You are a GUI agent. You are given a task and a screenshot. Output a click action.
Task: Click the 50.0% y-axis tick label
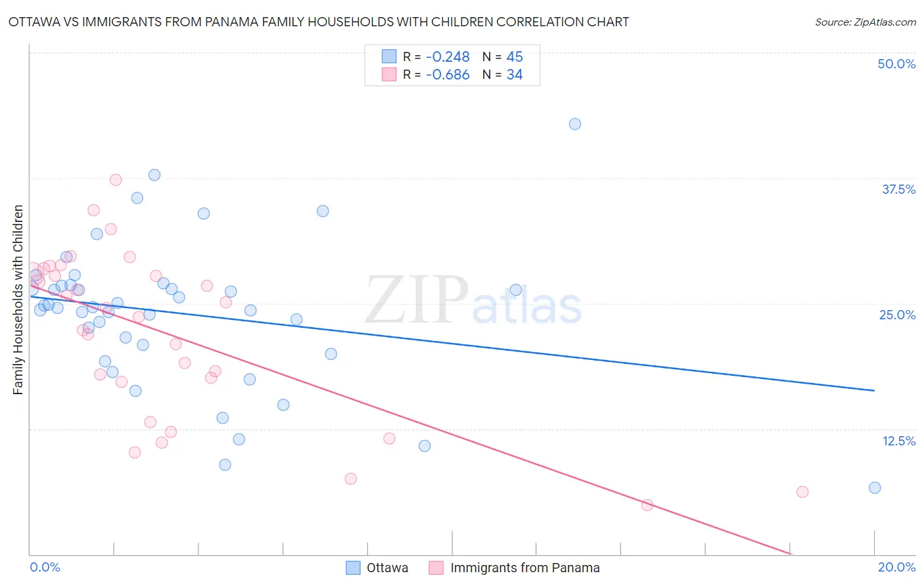896,64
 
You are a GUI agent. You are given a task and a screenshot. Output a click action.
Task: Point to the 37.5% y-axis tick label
898,189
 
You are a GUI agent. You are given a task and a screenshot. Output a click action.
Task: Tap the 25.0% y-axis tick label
897,315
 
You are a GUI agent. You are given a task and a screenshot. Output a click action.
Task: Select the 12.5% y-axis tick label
898,441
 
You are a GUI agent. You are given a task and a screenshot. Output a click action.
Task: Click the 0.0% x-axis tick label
45,567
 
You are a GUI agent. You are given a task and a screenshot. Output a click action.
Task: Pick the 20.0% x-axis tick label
896,567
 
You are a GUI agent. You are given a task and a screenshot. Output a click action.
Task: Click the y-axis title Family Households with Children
18,300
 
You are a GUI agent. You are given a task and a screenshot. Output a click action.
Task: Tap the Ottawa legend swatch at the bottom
353,568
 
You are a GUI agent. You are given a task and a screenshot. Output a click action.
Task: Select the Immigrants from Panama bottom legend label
524,568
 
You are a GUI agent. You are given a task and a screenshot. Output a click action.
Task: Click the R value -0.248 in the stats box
448,57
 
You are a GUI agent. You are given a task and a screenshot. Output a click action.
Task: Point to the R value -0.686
448,75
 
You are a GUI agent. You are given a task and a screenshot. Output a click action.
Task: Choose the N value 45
515,57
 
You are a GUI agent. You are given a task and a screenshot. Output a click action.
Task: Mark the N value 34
515,75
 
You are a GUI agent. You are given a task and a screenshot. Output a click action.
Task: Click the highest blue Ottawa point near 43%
575,124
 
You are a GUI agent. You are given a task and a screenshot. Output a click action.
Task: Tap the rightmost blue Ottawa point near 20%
875,487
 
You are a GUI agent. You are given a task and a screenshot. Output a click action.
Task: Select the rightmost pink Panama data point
802,492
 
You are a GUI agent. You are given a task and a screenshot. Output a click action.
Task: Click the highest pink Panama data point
116,180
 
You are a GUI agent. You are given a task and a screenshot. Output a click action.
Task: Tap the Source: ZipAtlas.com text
865,22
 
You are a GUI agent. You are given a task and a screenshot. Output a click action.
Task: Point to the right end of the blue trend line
875,390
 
